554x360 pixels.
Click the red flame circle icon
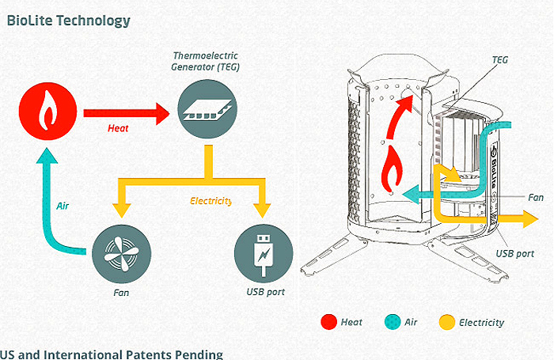click(x=47, y=112)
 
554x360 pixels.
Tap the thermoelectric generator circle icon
click(x=207, y=109)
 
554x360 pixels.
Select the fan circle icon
click(x=122, y=254)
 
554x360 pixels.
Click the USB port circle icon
click(x=264, y=254)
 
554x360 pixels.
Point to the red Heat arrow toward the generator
click(x=127, y=113)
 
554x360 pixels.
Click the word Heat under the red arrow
click(x=118, y=128)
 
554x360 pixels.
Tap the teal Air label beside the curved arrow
click(x=63, y=206)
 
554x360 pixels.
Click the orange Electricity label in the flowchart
click(x=211, y=201)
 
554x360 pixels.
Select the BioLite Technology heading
click(x=69, y=21)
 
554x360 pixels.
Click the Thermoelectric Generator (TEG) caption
click(x=205, y=61)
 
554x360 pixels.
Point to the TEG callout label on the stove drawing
click(x=500, y=60)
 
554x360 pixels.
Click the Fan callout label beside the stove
click(x=536, y=198)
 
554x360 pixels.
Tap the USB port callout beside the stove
click(x=514, y=254)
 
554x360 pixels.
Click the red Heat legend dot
click(x=328, y=322)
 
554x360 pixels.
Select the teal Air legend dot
click(x=393, y=322)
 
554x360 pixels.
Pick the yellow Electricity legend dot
click(x=447, y=322)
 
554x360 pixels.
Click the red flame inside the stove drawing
click(x=392, y=169)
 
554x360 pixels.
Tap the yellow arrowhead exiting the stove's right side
click(x=530, y=219)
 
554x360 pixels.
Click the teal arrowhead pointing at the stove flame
click(x=412, y=195)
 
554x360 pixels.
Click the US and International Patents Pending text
click(x=112, y=354)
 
